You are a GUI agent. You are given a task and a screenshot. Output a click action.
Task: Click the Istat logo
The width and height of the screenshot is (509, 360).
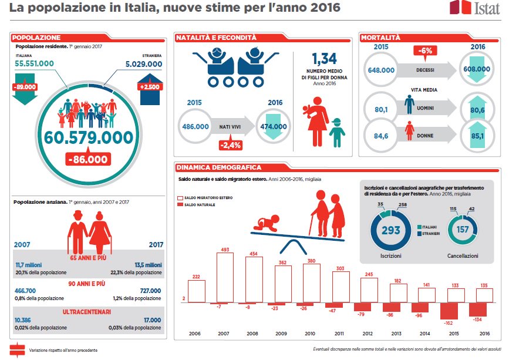pyautogui.click(x=468, y=8)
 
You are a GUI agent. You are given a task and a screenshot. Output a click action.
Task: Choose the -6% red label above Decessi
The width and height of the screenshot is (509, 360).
pyautogui.click(x=426, y=51)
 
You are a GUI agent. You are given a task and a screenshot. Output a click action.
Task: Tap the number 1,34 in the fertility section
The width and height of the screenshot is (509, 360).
pyautogui.click(x=323, y=59)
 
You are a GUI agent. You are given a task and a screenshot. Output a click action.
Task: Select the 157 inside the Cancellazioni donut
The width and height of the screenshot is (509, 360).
pyautogui.click(x=462, y=230)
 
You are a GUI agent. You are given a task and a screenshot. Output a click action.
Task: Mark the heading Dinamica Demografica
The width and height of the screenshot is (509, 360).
pyautogui.click(x=219, y=167)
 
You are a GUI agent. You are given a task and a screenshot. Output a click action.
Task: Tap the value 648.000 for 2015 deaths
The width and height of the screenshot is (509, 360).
pyautogui.click(x=381, y=69)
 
